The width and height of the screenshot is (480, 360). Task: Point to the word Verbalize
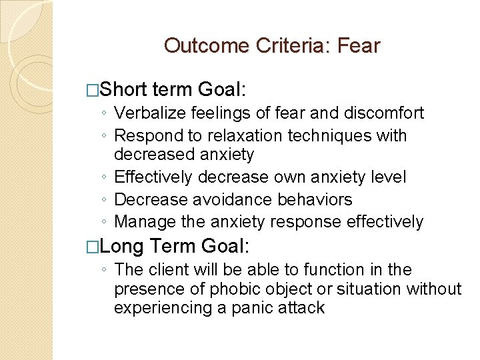click(147, 113)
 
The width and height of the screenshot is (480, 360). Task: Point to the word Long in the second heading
click(123, 247)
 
